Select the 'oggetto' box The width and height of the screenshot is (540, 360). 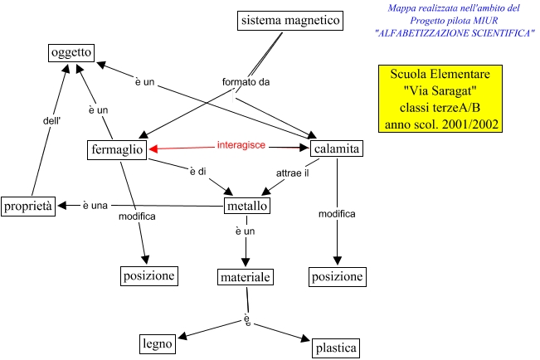tap(71, 53)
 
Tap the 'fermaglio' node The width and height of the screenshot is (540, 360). tap(116, 149)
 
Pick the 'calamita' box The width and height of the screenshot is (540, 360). tap(336, 149)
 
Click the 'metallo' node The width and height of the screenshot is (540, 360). tap(247, 206)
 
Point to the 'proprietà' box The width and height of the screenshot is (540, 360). tap(28, 206)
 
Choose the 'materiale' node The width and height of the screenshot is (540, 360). tap(246, 276)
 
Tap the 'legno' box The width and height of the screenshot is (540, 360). tap(158, 343)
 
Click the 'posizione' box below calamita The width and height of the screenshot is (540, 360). tap(337, 276)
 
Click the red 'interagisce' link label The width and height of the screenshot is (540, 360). tap(241, 145)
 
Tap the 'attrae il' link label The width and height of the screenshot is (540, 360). tap(292, 173)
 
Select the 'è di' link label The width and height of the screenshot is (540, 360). tap(197, 172)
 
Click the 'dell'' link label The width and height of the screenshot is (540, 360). tap(51, 119)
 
